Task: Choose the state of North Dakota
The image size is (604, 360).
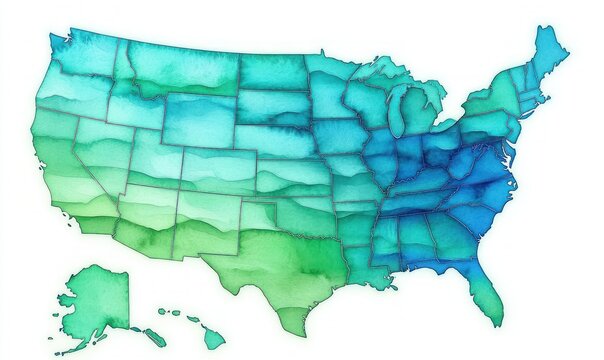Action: click(270, 70)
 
